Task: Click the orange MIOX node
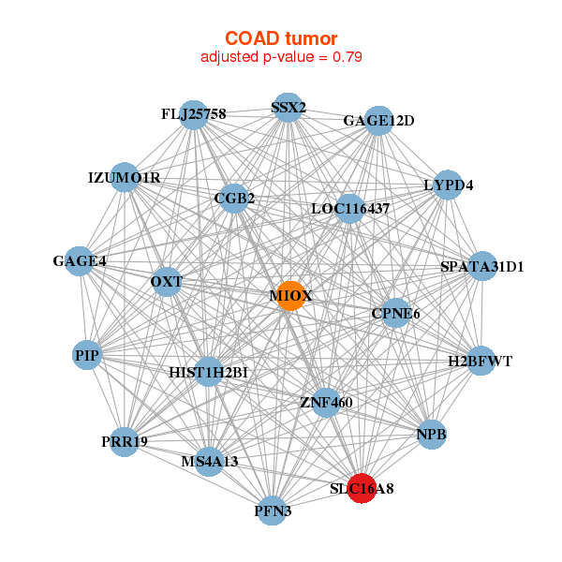(291, 296)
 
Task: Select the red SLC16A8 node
(362, 488)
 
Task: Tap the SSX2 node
(288, 107)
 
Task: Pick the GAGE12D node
(378, 121)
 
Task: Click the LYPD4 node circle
(448, 185)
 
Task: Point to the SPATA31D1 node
(482, 266)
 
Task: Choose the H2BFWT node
(481, 361)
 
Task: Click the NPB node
(432, 435)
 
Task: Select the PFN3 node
(273, 510)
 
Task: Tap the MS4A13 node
(210, 462)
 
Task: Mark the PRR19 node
(124, 442)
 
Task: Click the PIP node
(87, 355)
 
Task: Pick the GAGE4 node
(80, 261)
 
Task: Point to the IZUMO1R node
(125, 177)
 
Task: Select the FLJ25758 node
(194, 114)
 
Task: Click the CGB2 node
(234, 199)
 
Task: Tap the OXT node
(167, 282)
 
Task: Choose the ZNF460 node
(326, 403)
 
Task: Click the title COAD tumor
(281, 38)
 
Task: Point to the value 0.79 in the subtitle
(348, 57)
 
